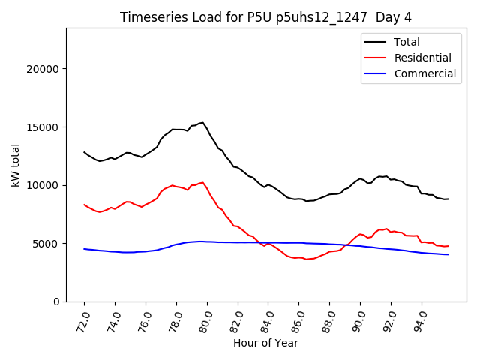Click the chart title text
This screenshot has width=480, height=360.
click(x=265, y=17)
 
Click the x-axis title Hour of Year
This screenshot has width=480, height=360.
click(x=265, y=343)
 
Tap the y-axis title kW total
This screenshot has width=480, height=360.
click(x=16, y=165)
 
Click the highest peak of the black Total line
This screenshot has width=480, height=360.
click(x=202, y=122)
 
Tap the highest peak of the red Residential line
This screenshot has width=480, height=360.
click(x=202, y=182)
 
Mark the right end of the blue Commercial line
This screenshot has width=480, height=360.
click(x=448, y=254)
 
